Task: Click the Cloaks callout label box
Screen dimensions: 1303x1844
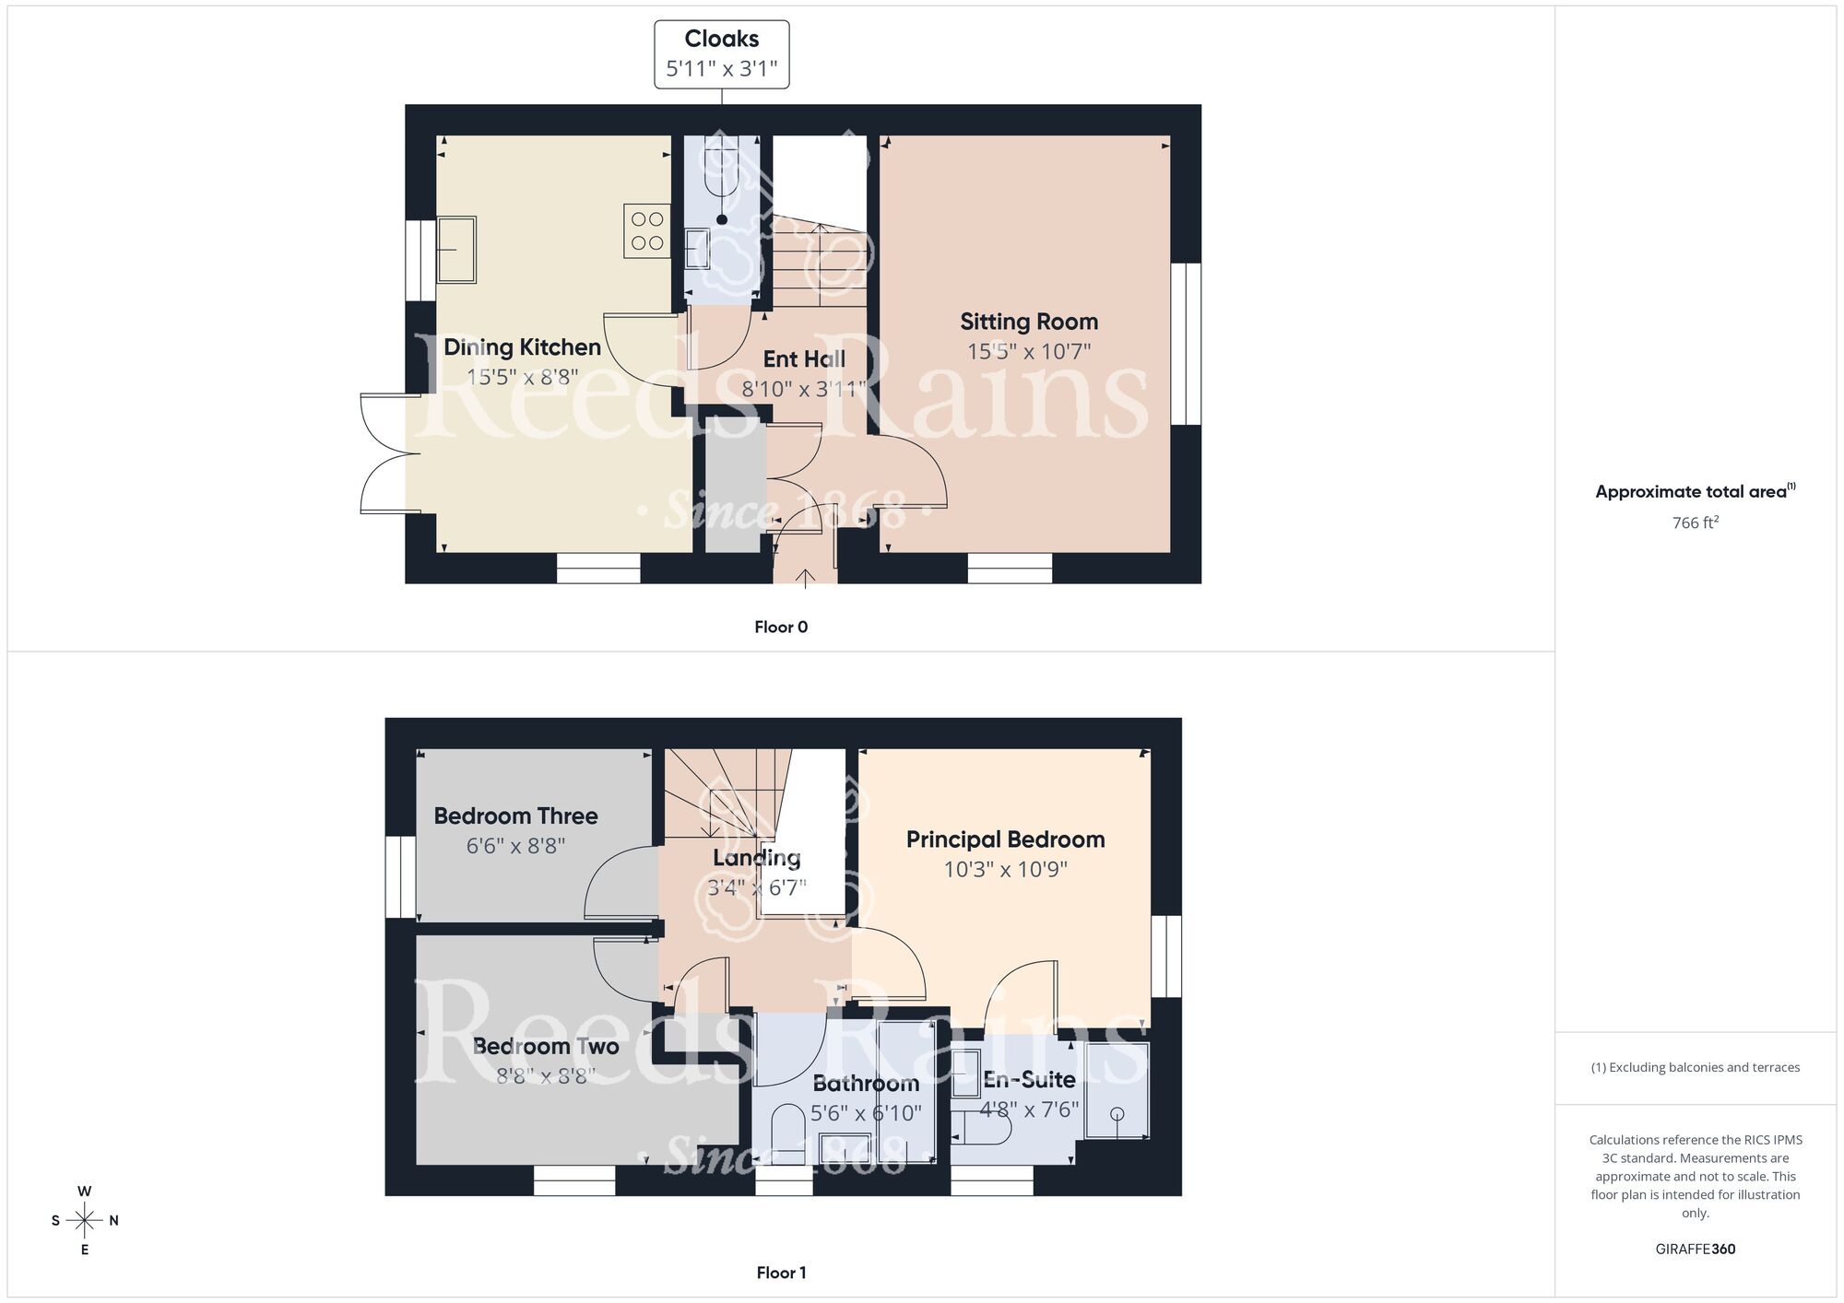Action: point(721,54)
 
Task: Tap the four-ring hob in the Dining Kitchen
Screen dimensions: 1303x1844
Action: point(647,231)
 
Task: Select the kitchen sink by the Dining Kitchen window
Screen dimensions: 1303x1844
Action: point(456,249)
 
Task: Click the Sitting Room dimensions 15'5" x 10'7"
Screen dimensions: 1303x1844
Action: point(1029,351)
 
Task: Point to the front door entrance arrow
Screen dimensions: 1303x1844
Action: point(805,579)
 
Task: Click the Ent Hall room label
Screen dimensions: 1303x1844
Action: point(804,358)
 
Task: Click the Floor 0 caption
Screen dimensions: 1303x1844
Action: point(781,627)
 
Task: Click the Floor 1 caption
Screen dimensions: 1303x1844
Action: point(781,1273)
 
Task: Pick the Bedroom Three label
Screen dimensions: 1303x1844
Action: point(515,816)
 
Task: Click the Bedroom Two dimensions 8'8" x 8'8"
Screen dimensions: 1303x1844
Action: point(545,1075)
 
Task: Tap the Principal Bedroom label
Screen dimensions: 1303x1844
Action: point(1005,839)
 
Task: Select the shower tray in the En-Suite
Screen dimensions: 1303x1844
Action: point(1117,1090)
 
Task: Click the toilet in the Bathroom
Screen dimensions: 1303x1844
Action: point(787,1133)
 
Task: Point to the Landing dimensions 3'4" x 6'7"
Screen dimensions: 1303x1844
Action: point(756,887)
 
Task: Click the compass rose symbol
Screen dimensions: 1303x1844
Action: point(85,1221)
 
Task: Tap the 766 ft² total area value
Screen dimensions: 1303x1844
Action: point(1695,522)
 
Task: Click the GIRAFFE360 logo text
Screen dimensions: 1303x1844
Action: point(1695,1250)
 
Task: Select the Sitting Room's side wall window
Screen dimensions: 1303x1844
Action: point(1186,344)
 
